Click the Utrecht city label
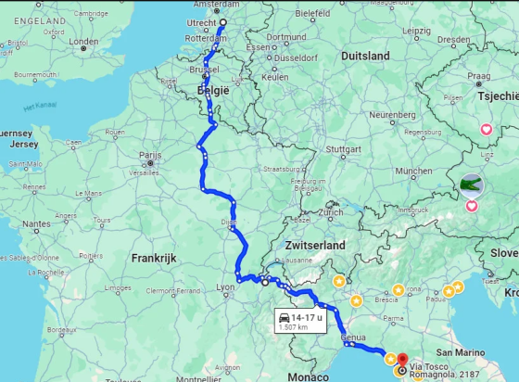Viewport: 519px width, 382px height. coord(201,20)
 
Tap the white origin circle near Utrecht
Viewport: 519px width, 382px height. coord(222,22)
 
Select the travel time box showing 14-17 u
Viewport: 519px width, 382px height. coord(298,322)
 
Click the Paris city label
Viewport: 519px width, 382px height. coord(149,155)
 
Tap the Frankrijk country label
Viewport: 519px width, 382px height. coord(154,258)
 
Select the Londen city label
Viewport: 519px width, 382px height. coord(83,42)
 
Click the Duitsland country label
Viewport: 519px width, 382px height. coord(365,56)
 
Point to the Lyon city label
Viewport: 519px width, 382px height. coord(225,287)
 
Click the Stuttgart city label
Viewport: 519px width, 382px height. coord(344,148)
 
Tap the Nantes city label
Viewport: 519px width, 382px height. coord(37,223)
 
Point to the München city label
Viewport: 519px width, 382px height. coord(412,171)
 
